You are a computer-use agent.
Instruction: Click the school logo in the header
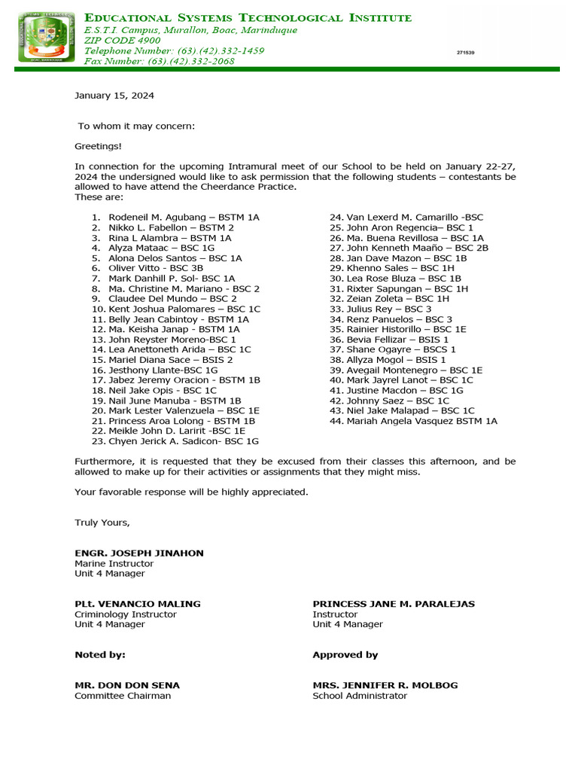47,38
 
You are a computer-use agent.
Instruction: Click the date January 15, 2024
114,96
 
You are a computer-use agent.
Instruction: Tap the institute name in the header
248,17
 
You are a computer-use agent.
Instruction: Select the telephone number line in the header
174,50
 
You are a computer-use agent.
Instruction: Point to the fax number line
159,61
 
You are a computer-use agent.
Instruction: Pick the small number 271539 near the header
465,53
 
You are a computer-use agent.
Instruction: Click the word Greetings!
98,146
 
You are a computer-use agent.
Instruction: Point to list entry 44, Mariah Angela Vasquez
421,421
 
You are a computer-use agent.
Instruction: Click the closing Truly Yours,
102,523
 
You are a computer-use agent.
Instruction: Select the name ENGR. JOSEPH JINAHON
139,553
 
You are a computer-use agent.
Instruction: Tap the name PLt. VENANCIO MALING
138,604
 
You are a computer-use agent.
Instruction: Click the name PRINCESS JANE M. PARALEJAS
394,604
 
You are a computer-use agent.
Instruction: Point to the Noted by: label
100,655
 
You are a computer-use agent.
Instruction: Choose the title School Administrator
360,696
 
